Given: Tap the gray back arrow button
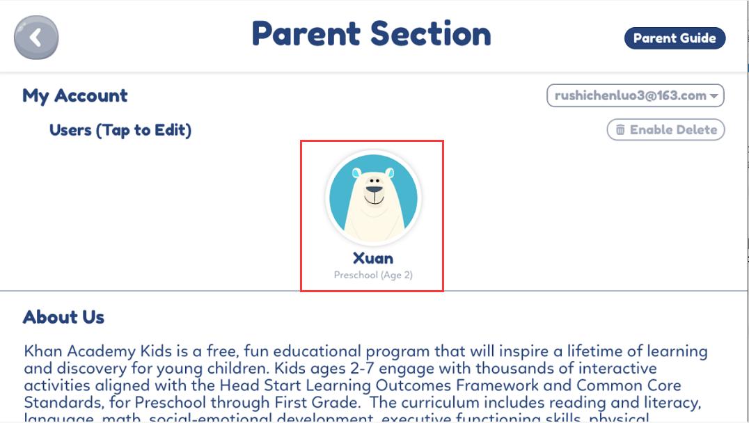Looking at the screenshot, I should coord(36,37).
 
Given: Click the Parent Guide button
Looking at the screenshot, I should coord(675,38).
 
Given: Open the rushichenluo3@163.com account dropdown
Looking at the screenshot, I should coord(635,96).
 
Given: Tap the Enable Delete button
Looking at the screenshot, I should coord(666,129).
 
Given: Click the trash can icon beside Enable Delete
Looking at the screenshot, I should coord(620,130).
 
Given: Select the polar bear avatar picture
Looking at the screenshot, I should coord(373,198).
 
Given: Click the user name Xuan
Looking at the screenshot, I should coord(373,258).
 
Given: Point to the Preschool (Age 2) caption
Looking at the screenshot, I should coord(373,276).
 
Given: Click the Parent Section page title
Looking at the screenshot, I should coord(371,34).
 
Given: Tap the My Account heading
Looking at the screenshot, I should coord(75,96).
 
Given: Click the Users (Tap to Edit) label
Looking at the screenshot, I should coord(120,130).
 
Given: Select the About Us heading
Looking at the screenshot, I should coord(63,317).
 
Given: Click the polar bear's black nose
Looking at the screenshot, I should coord(374,189).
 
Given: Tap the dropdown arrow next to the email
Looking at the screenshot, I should coord(714,97).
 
